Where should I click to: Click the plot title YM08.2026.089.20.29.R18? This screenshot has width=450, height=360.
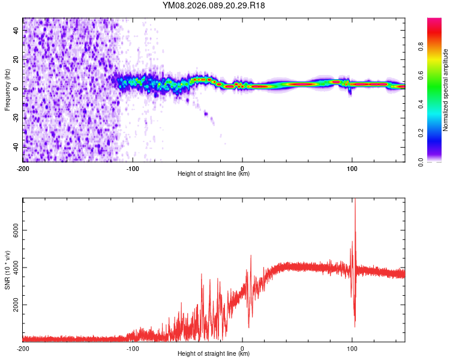[x=214, y=6]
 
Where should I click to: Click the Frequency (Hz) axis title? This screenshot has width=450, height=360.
[x=7, y=90]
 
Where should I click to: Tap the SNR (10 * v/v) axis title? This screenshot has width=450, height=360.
[x=7, y=270]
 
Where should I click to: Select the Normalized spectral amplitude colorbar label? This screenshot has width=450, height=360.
[x=445, y=90]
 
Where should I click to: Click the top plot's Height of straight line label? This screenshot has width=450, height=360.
[x=214, y=174]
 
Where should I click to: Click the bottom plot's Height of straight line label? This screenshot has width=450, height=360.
[x=214, y=354]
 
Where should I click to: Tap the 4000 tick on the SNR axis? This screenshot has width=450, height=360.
[x=14, y=268]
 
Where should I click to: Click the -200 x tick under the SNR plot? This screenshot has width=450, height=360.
[x=23, y=347]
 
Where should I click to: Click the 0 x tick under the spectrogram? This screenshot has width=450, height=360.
[x=242, y=167]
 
